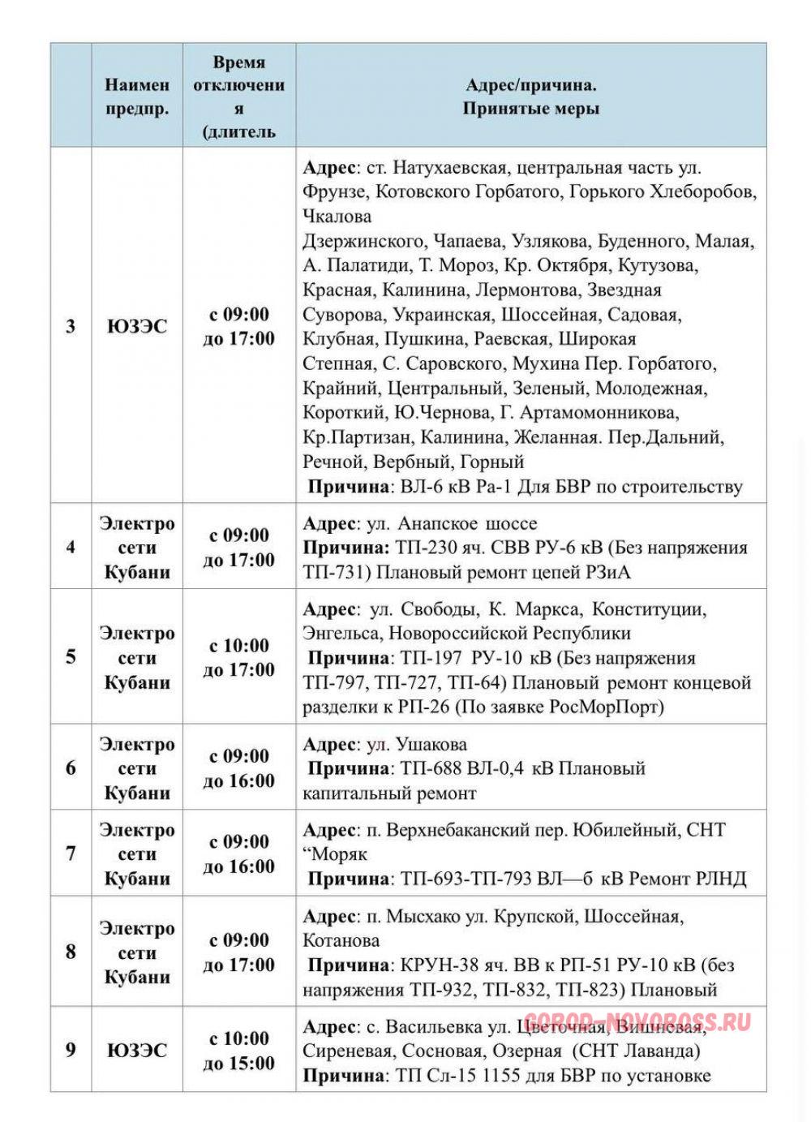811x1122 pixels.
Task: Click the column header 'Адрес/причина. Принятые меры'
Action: [531, 97]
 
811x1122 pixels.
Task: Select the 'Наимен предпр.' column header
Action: [137, 97]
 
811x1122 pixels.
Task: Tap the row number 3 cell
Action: [71, 326]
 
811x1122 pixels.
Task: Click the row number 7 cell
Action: [71, 853]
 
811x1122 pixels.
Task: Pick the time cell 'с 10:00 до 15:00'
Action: [238, 1051]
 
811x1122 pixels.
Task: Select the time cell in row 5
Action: [238, 657]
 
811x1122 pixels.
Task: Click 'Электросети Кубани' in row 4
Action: [137, 548]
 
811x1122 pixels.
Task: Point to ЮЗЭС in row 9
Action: [137, 1051]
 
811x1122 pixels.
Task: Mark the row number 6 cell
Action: [71, 767]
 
